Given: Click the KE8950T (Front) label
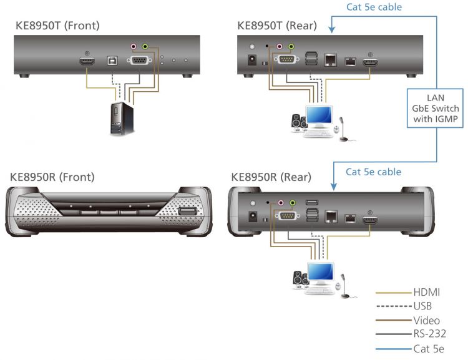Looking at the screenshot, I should pos(57,26).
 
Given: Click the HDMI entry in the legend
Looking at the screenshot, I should pos(426,291).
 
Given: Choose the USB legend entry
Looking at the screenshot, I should pos(422,306).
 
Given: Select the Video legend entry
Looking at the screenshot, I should pos(427,320).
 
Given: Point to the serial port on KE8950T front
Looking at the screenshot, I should pos(138,61).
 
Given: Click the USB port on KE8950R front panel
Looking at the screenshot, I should pos(186,214).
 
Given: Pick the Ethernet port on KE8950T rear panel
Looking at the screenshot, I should pos(329,61).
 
